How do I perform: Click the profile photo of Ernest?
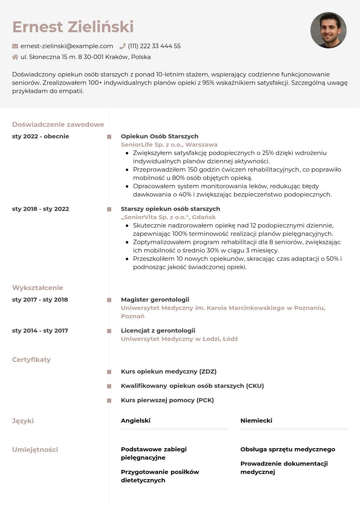click(328, 30)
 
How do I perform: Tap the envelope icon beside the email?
click(15, 46)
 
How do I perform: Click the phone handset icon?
click(123, 46)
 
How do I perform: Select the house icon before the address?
click(15, 57)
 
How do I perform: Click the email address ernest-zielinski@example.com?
click(67, 46)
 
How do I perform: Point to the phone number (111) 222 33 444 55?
click(154, 46)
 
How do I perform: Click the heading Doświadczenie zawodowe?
click(58, 125)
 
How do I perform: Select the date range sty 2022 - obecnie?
click(41, 136)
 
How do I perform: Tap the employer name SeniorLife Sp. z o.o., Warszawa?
click(169, 145)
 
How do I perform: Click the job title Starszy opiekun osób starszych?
click(170, 209)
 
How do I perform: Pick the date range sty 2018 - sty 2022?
click(41, 209)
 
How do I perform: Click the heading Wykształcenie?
click(37, 288)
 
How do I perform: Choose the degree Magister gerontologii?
click(155, 299)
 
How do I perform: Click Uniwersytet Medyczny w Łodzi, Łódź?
click(179, 339)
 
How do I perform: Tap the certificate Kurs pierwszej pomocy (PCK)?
click(167, 400)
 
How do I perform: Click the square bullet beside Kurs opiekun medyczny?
click(109, 372)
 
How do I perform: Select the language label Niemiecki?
click(256, 420)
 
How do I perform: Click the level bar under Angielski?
click(174, 429)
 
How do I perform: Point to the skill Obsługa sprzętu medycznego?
click(287, 449)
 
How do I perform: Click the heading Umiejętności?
click(35, 449)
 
